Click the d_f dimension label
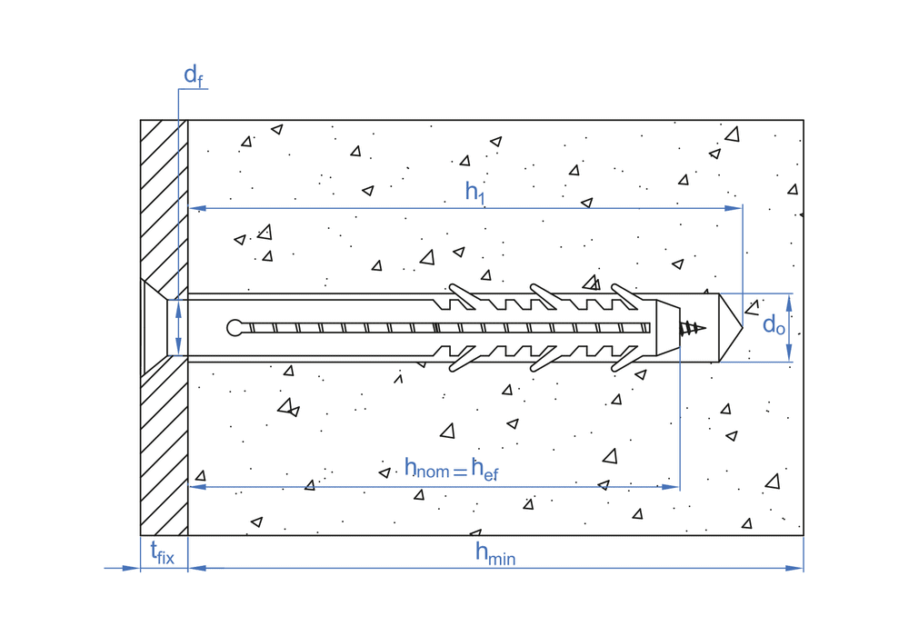(193, 75)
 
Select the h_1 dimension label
(474, 192)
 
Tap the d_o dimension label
(774, 324)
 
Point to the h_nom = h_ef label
(452, 469)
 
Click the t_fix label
(162, 552)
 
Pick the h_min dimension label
(494, 553)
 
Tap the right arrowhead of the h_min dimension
(797, 568)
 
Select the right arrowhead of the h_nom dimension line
(674, 487)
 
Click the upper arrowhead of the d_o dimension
(788, 301)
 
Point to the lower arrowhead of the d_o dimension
(788, 354)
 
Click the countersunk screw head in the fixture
(155, 327)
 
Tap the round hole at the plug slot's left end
(235, 328)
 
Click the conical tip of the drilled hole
(732, 327)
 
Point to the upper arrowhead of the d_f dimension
(178, 306)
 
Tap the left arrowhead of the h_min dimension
(195, 568)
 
